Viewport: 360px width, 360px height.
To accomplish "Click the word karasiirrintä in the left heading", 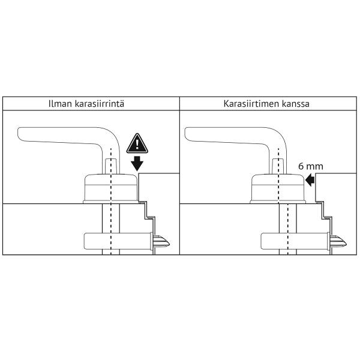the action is [x=100, y=104].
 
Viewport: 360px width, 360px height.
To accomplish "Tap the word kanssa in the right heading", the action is [x=294, y=104].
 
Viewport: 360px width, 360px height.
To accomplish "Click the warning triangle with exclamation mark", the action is [x=137, y=143].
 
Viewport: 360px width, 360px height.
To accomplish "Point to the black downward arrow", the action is [x=137, y=163].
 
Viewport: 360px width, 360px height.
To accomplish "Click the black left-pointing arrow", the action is [x=310, y=180].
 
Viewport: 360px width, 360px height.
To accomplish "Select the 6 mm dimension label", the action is [x=311, y=166].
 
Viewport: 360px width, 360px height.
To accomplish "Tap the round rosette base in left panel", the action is [x=110, y=188].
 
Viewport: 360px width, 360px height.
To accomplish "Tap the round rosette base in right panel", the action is [x=278, y=188].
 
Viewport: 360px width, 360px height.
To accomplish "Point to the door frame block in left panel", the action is [x=160, y=187].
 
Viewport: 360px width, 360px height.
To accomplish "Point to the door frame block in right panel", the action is [x=337, y=187].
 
